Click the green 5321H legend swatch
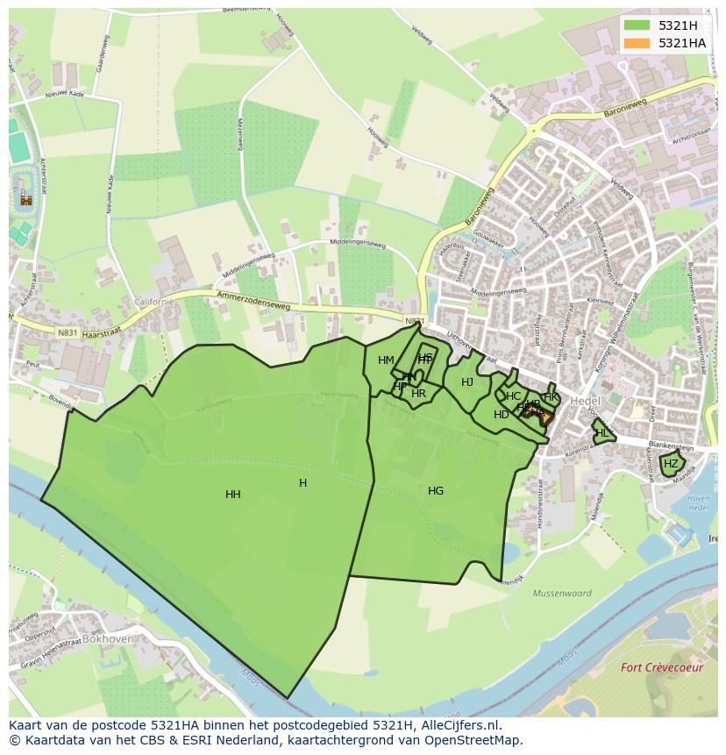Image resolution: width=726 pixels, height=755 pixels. point(638,25)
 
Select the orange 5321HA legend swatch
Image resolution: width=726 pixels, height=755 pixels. point(638,43)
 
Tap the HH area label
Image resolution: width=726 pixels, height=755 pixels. point(232,495)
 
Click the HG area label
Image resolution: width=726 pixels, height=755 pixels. point(436,491)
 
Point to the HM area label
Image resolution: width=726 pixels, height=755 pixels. point(386,360)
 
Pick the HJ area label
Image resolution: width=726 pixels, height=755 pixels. point(467,382)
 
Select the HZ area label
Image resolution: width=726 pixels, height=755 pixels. point(671,464)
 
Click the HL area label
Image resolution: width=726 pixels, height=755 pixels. point(601,433)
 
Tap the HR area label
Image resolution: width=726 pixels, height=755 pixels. point(418,394)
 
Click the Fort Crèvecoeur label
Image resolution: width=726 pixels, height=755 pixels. point(662,667)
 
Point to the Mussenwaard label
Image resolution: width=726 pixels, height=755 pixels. point(562,594)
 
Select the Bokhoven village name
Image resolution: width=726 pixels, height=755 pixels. point(109,639)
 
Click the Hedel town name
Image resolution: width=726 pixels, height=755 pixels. point(585,401)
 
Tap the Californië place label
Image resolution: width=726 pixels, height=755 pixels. point(154,301)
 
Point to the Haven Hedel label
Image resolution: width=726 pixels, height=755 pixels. point(674,503)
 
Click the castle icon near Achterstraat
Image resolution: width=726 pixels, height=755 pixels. point(25,199)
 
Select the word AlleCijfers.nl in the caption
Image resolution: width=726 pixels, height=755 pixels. point(457,725)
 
